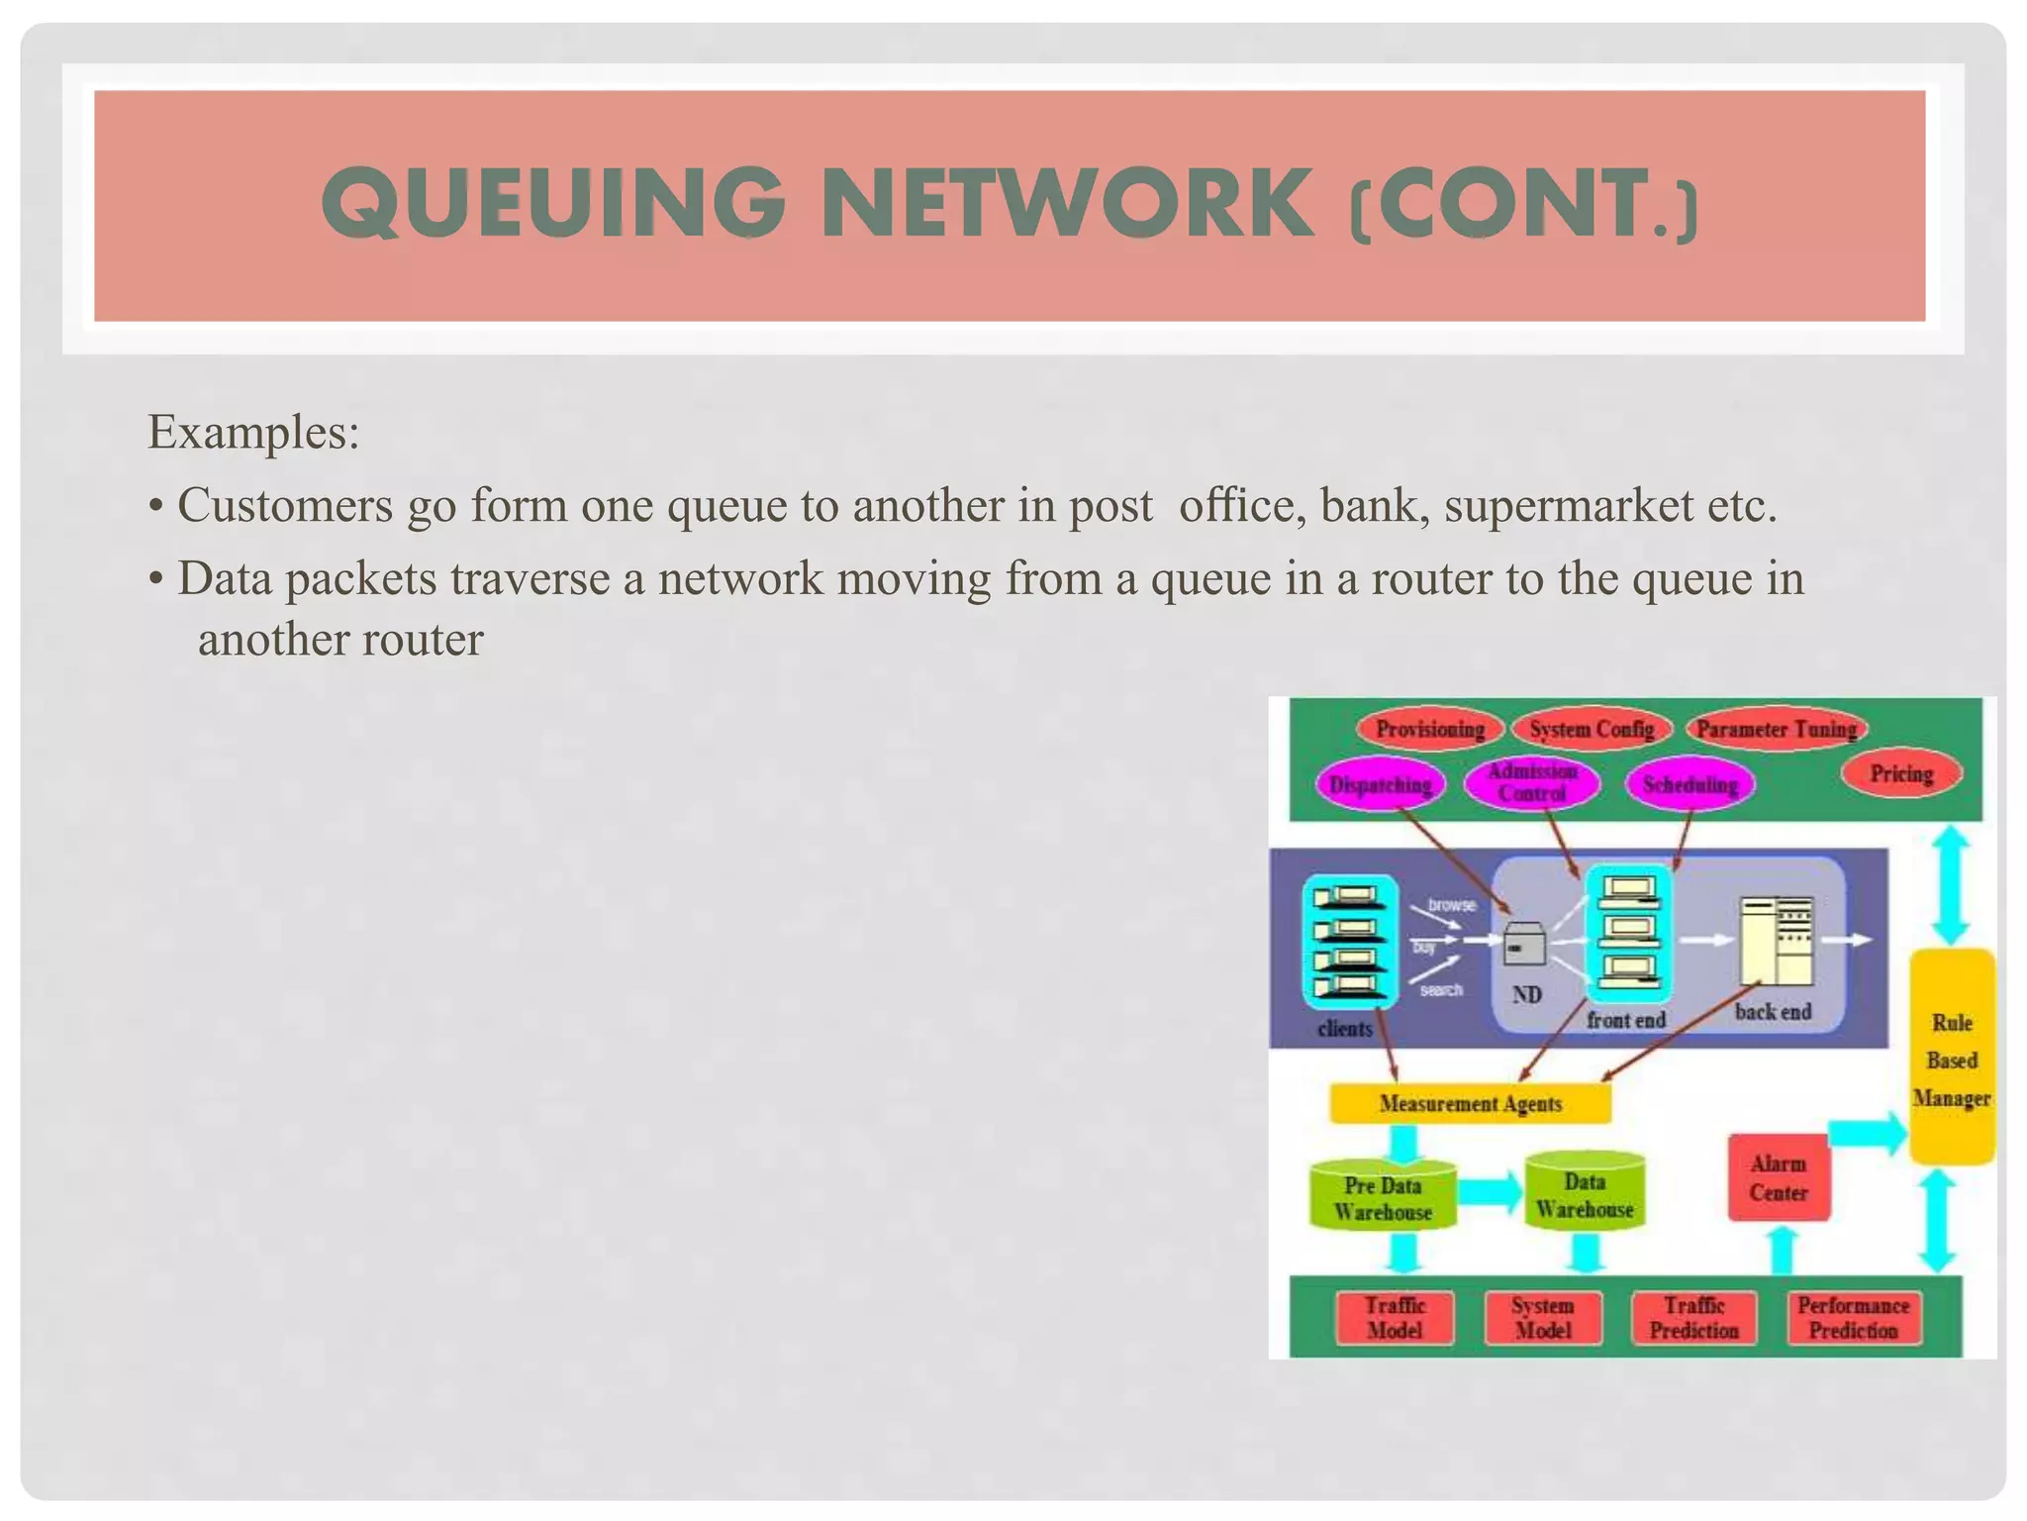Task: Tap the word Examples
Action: pos(252,432)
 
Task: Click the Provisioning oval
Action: pos(1429,730)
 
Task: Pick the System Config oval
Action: pos(1592,730)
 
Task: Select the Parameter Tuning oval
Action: pos(1777,730)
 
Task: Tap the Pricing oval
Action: pos(1901,773)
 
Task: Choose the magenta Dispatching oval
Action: pos(1380,785)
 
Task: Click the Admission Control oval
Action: pos(1531,782)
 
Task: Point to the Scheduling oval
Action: pos(1689,785)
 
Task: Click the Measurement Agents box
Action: pos(1470,1103)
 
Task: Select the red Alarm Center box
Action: pos(1778,1177)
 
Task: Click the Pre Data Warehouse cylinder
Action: pos(1382,1198)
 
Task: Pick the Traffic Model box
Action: pos(1395,1318)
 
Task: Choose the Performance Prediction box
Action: pos(1853,1318)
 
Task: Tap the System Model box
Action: pos(1542,1318)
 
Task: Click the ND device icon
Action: pos(1524,944)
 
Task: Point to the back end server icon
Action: pos(1777,941)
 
